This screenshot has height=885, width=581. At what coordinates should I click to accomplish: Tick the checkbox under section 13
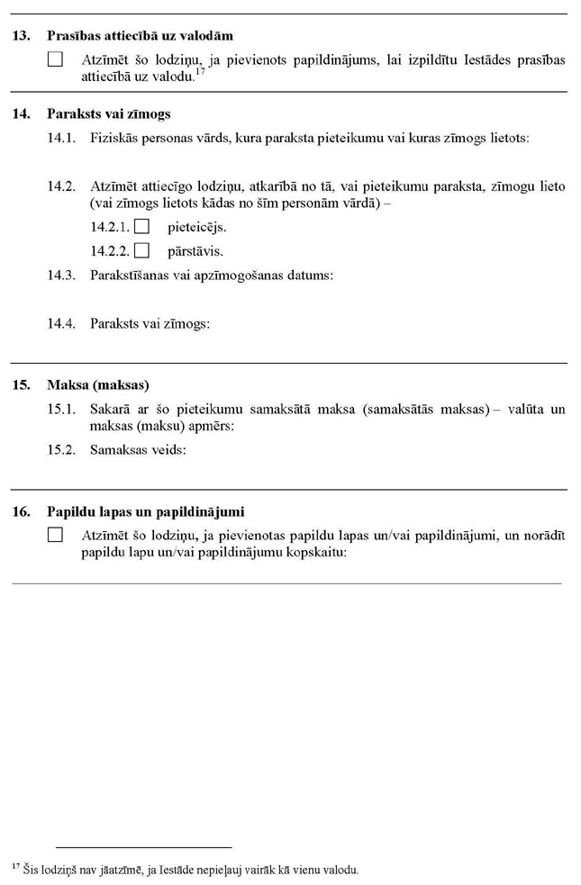56,60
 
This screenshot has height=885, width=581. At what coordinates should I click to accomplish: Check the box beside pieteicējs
141,228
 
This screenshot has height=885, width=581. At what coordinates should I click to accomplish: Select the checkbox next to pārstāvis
141,250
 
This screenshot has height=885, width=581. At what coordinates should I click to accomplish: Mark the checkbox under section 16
56,535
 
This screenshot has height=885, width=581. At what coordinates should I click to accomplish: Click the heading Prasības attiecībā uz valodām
140,37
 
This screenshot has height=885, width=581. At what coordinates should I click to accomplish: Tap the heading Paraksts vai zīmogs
108,114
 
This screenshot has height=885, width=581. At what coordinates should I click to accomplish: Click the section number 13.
22,37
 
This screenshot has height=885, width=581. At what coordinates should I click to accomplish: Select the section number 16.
22,511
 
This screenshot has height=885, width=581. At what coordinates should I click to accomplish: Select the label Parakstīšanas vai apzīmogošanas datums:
212,275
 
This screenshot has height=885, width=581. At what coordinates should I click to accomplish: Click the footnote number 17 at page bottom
16,866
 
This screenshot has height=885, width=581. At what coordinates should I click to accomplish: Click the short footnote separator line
143,847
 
